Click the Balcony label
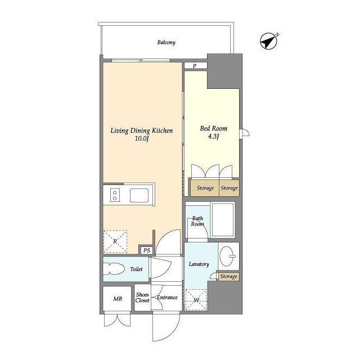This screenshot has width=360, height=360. coord(166,43)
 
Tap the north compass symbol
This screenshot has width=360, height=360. coord(269,41)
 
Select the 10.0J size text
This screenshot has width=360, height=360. coord(142,139)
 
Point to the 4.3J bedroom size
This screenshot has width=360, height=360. coord(213,137)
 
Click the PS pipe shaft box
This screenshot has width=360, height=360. coord(146,250)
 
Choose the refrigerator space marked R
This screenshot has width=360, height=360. coord(115,241)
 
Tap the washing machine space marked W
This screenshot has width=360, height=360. coord(196,300)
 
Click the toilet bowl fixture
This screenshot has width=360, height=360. coord(114,269)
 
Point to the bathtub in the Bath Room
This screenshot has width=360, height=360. coord(223,220)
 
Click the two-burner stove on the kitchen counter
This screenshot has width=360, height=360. coord(115,195)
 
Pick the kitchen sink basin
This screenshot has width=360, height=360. coord(139,195)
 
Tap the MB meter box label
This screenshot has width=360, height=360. coord(118,299)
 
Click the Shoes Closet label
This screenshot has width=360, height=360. coord(142,298)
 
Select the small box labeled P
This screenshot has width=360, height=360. coord(196,65)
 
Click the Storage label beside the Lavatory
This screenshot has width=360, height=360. coord(229,276)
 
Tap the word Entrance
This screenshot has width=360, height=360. coord(167,298)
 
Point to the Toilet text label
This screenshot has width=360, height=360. coord(136,269)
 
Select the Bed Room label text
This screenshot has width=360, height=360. coord(214,128)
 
